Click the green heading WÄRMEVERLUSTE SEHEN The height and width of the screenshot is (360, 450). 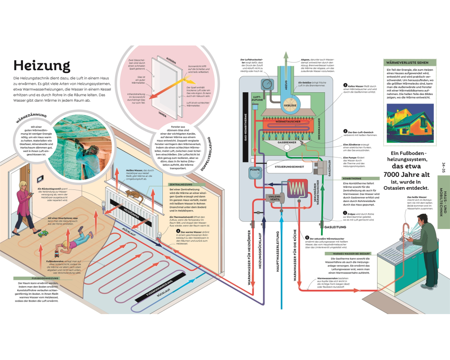(404, 63)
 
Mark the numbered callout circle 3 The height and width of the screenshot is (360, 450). (345, 85)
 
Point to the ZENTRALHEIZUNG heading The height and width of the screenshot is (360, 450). (181, 184)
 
